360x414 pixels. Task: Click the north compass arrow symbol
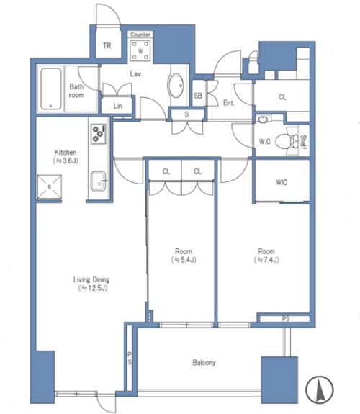click(x=320, y=390)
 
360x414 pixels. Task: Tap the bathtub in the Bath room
click(x=50, y=89)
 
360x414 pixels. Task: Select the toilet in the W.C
click(x=287, y=142)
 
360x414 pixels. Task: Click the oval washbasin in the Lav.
click(x=176, y=86)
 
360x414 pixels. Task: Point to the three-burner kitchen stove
click(x=99, y=134)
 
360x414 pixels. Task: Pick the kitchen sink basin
click(x=98, y=181)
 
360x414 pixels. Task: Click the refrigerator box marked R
click(x=50, y=187)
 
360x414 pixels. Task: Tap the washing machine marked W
click(x=140, y=50)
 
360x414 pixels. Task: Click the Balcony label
click(x=204, y=362)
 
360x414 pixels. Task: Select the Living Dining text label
click(x=91, y=279)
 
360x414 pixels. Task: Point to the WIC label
click(x=282, y=182)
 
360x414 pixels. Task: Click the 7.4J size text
click(x=266, y=260)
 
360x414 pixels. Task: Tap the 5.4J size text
click(x=184, y=260)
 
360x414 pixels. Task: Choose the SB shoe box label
click(x=198, y=95)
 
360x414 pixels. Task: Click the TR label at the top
click(x=107, y=46)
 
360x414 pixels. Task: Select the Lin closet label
click(x=118, y=106)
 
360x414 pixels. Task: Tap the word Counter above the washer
click(x=140, y=35)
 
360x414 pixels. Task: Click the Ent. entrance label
click(x=229, y=103)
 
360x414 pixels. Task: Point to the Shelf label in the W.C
click(x=303, y=142)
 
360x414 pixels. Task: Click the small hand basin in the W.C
click(x=263, y=120)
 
